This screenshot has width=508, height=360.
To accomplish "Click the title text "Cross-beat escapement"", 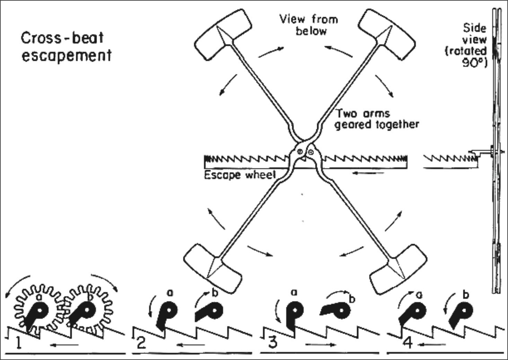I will (66, 46).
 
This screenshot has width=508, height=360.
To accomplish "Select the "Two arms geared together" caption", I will (377, 119).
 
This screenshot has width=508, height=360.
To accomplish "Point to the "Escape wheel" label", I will (240, 175).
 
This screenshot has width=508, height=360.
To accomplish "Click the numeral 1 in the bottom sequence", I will (19, 343).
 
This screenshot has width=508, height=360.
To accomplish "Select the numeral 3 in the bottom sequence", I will (273, 342).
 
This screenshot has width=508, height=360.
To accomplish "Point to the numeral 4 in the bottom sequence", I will (409, 343).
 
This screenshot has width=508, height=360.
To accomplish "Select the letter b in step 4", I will (466, 295).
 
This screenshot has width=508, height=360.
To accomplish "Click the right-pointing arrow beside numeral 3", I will (320, 344).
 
